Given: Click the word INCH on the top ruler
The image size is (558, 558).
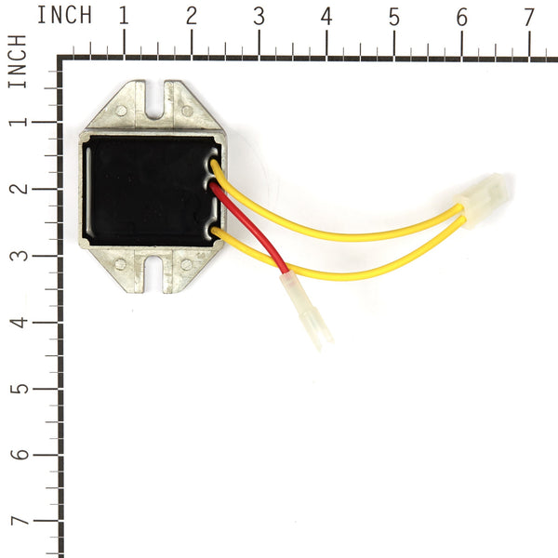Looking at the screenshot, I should point(64,16).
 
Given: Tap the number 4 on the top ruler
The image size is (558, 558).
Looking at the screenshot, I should point(326,16).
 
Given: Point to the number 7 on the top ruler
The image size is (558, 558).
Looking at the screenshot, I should point(528,16).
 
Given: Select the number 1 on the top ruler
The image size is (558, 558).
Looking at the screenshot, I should point(124,16).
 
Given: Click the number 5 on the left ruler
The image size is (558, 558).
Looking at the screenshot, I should point(18,388).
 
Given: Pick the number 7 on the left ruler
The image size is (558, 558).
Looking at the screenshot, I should point(18,522).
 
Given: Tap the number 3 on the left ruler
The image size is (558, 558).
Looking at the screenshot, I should point(18,254).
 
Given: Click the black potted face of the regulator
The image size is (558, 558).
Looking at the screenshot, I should point(149,191).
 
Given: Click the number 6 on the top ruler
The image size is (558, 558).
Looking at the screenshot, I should point(461,16).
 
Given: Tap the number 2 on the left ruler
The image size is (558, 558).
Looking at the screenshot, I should point(18,187).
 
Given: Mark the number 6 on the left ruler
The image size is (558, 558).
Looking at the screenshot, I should point(18,455).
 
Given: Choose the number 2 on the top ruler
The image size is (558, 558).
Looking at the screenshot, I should point(192,16).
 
